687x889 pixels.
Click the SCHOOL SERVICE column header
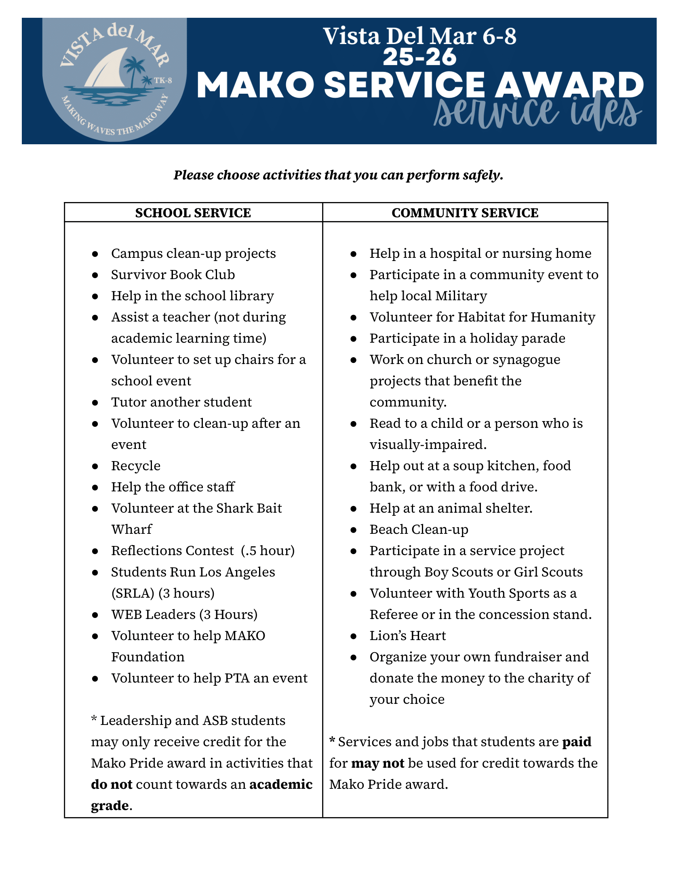coord(193,213)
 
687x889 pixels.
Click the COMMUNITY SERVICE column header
coord(465,213)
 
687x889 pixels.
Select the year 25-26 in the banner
coord(419,57)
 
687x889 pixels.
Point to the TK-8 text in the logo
coord(163,80)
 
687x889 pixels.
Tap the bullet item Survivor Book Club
coord(173,275)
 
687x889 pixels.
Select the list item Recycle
coord(136,466)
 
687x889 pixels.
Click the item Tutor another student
coord(181,402)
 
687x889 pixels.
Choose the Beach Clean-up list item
coord(419,529)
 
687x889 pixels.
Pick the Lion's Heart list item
coord(407,635)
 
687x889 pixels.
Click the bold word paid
coord(576,742)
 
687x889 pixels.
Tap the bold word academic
coord(281,784)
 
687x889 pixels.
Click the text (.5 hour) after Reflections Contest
coord(268,551)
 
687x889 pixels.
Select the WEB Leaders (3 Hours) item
coord(184,614)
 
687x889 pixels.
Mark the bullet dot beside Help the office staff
coord(95,487)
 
